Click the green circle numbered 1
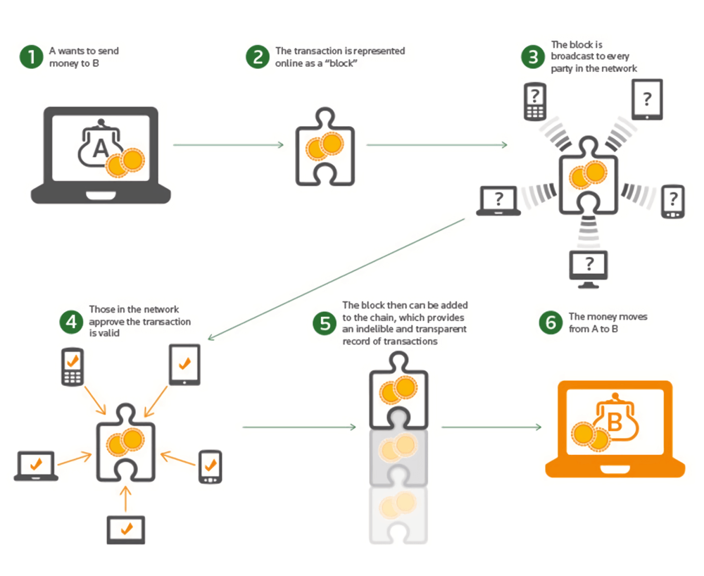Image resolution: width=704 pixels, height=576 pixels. (x=31, y=57)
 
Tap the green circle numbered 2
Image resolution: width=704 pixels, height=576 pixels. (x=258, y=57)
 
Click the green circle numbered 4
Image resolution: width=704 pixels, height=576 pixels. (x=71, y=321)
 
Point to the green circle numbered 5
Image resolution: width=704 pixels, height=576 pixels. (x=325, y=323)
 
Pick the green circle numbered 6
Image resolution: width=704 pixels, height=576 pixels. (x=550, y=323)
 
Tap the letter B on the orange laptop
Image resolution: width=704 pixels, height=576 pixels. (x=614, y=422)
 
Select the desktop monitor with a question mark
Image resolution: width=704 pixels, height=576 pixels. (x=589, y=268)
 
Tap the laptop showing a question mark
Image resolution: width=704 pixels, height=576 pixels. (x=498, y=201)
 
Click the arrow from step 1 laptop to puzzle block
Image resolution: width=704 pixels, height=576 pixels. (x=228, y=145)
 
